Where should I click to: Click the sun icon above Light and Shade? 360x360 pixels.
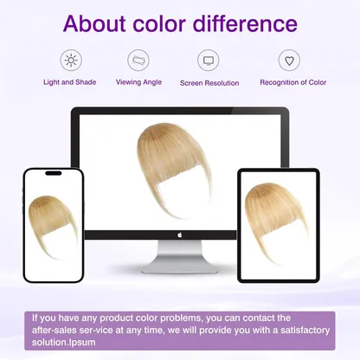click(x=71, y=61)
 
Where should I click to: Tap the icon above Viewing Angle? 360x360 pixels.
click(x=138, y=61)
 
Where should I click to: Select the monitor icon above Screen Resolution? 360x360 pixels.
click(x=209, y=61)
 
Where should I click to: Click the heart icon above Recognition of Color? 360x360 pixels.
click(x=289, y=61)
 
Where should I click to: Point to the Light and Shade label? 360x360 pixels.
click(x=70, y=82)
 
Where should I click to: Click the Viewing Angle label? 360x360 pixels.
click(x=138, y=82)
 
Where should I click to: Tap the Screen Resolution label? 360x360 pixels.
click(x=209, y=83)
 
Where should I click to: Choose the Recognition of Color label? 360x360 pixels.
click(x=293, y=82)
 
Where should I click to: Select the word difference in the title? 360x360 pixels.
click(x=245, y=23)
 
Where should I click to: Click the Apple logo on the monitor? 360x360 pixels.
click(x=179, y=235)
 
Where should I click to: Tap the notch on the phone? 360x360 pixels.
click(x=54, y=173)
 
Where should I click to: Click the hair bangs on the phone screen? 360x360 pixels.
click(x=52, y=222)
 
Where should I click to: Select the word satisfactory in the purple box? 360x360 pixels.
click(x=305, y=330)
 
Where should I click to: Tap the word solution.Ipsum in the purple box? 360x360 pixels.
click(x=63, y=343)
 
